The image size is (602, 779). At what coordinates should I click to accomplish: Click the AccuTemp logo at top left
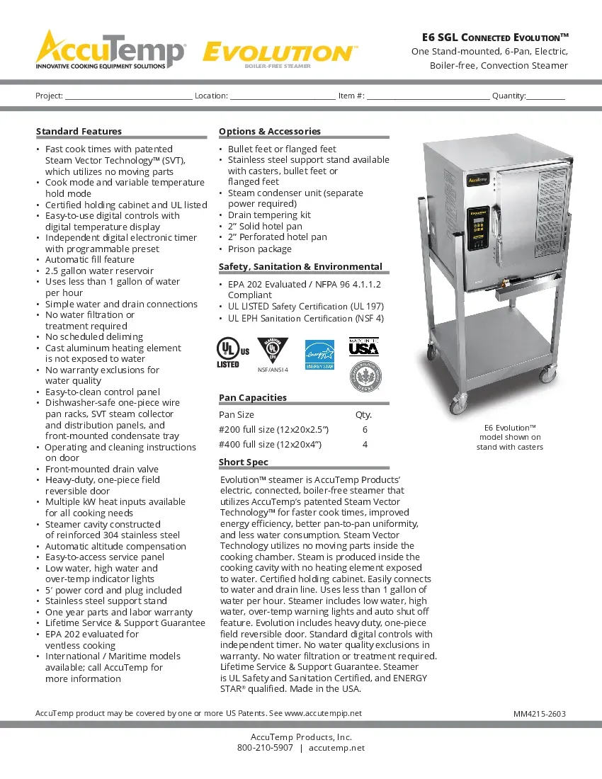point(111,50)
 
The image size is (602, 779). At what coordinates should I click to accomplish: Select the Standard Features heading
point(79,131)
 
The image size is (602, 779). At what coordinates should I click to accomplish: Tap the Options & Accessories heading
point(269,131)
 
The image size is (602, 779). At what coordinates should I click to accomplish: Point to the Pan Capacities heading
point(252,397)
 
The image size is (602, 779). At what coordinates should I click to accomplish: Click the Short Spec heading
point(243,462)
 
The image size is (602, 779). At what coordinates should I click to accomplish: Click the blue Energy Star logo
point(319,355)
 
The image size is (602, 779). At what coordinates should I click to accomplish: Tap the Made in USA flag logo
point(364,347)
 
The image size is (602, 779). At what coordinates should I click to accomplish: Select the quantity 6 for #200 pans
point(365,429)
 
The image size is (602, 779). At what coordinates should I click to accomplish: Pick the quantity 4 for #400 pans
point(365,444)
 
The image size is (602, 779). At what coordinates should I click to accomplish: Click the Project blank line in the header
point(128,96)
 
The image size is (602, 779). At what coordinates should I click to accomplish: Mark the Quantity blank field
point(545,96)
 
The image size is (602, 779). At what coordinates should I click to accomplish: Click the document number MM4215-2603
point(539,714)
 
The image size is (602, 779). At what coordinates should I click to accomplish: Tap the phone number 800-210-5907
point(265,748)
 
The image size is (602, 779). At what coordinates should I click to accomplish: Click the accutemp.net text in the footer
point(336,748)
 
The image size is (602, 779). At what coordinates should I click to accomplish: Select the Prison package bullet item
point(259,249)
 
